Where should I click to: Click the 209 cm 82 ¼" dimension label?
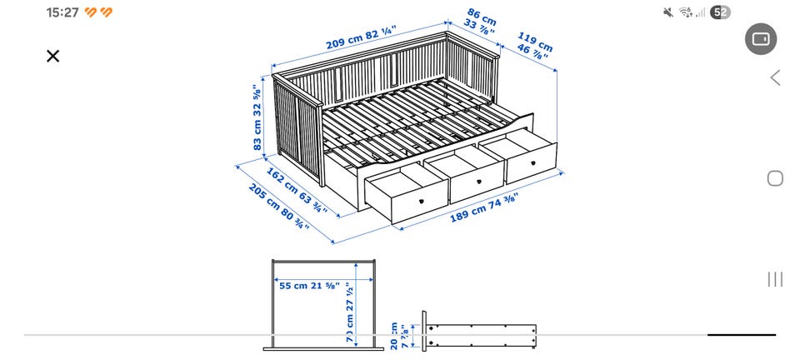(x=360, y=38)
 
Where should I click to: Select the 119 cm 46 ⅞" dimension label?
(x=533, y=45)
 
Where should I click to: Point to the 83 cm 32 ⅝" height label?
(x=257, y=118)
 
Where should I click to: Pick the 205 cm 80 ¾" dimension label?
(x=279, y=206)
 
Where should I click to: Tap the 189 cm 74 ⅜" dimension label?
(x=484, y=208)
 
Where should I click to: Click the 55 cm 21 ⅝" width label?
(x=309, y=286)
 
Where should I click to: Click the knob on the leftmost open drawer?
(x=422, y=201)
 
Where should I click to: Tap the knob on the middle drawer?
(x=479, y=181)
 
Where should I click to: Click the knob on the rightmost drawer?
(x=533, y=163)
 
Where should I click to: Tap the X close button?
(x=53, y=56)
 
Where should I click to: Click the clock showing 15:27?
(x=62, y=12)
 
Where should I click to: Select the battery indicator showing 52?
(x=720, y=12)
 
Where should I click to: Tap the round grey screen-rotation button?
(x=761, y=39)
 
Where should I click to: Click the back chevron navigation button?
(x=776, y=78)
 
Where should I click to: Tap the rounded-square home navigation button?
(x=775, y=178)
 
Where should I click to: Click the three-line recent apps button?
(x=775, y=279)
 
